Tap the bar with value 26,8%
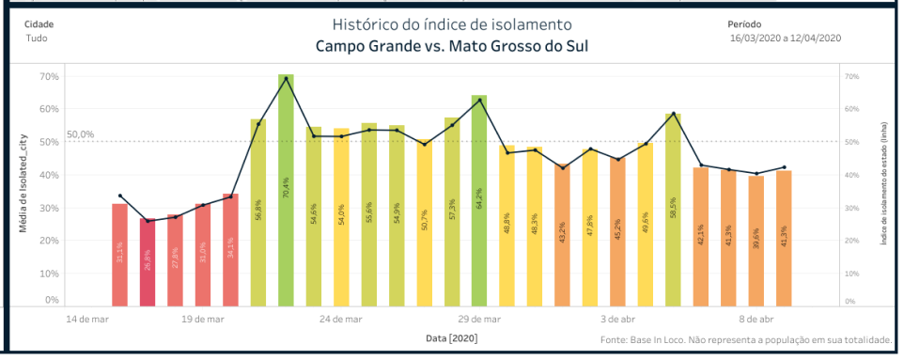(148, 262)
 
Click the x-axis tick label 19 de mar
(203, 320)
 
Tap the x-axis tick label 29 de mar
(479, 320)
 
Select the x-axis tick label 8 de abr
(756, 320)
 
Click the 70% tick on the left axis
(47, 76)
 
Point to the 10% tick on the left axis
(47, 274)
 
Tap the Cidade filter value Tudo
(36, 39)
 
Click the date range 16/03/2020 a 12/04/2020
(785, 39)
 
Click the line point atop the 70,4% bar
(286, 78)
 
